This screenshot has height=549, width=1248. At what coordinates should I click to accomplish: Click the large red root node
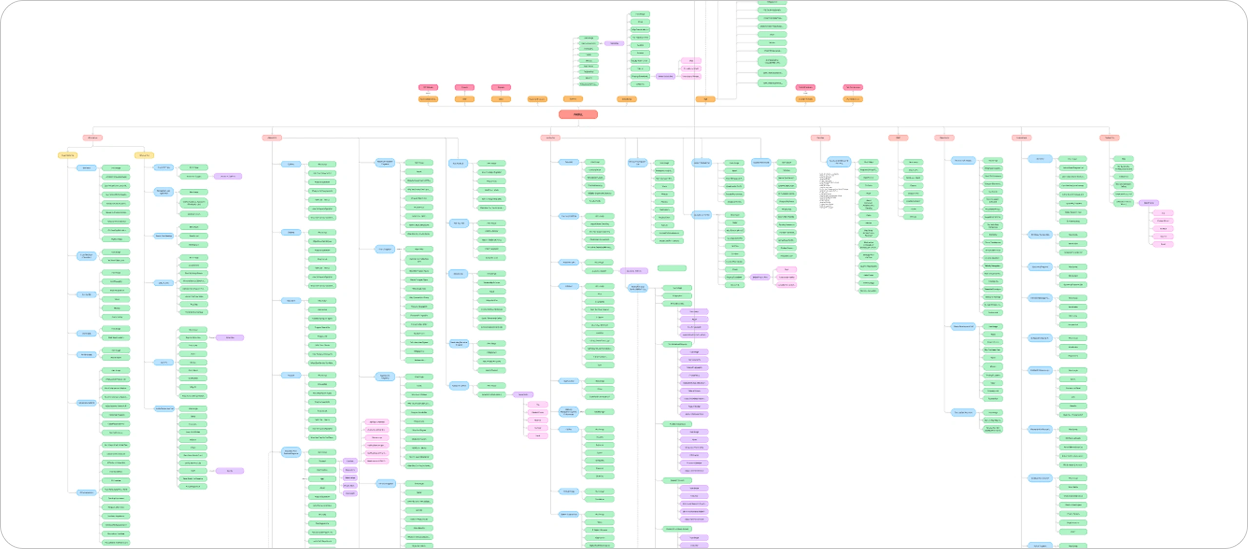coord(578,115)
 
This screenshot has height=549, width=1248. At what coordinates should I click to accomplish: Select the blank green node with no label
coord(672,268)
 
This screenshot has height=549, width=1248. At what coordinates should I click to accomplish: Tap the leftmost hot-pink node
coord(428,87)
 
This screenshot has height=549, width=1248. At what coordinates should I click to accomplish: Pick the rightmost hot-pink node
coord(853,87)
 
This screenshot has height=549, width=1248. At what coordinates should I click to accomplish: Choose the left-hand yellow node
coord(67,156)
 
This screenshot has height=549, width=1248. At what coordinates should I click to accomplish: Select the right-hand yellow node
coord(144,156)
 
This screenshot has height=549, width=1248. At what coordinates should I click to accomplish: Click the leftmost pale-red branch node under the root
coord(92,138)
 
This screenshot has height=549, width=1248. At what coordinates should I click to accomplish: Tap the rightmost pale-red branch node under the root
coord(1109,138)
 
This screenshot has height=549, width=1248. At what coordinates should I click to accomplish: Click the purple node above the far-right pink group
coord(1149,203)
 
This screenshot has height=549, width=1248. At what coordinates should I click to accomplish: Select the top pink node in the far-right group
coord(1163,213)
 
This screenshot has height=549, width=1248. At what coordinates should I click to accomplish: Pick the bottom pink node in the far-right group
coord(1163,244)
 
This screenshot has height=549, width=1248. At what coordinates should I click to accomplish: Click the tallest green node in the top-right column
coord(772,61)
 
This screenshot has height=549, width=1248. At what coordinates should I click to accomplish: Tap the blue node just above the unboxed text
coord(838,162)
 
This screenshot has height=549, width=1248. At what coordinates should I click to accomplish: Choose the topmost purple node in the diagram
coord(614,43)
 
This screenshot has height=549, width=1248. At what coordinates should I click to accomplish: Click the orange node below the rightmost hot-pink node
coord(853,99)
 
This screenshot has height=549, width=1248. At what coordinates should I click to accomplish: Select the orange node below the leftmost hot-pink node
coord(428,99)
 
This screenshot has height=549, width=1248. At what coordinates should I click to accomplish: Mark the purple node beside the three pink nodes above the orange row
coord(665,76)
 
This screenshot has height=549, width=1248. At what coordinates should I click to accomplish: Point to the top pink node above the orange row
coord(691,61)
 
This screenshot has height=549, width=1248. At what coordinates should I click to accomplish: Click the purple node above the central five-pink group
coord(523,394)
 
